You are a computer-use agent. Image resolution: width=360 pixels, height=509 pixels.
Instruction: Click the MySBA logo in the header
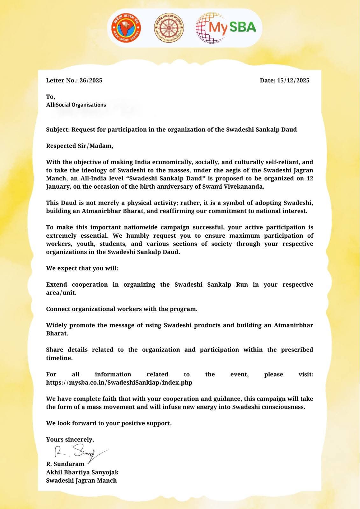coord(226,28)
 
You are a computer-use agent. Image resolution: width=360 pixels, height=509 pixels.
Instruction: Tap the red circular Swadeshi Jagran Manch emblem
coord(126,28)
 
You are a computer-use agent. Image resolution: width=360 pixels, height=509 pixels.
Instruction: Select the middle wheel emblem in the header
coord(169,28)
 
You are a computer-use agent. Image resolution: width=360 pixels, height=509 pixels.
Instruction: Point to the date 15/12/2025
coord(293,80)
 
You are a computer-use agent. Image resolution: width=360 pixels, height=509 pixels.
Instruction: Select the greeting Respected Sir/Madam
coord(80,146)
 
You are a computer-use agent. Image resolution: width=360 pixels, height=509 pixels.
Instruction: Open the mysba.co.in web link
coord(119,383)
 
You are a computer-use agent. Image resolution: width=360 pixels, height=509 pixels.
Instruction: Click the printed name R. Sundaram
coord(65,464)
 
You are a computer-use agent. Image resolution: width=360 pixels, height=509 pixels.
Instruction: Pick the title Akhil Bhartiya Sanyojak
coord(82,472)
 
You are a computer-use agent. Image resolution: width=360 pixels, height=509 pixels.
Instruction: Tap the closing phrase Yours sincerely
coord(70,440)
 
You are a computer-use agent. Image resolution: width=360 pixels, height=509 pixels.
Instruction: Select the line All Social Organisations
coord(76,105)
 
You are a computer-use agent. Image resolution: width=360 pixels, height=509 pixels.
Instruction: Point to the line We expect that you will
coord(82,268)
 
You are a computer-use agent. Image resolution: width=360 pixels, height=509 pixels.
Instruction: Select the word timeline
coord(59,358)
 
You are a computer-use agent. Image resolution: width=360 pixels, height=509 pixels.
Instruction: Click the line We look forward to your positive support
coord(109,423)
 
